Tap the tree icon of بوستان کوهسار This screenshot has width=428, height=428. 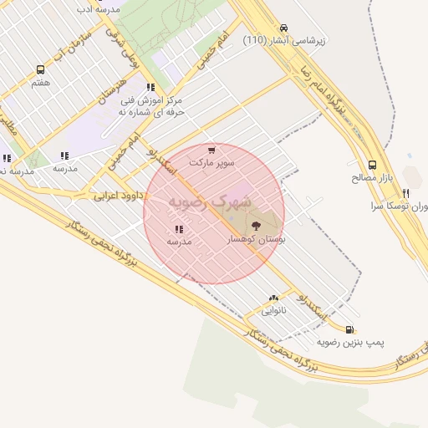point(255,224)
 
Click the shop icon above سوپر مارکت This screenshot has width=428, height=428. point(211,150)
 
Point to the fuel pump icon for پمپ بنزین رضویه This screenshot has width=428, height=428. point(349,329)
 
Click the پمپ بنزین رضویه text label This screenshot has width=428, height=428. point(349,343)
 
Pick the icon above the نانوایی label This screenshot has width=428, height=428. point(273,298)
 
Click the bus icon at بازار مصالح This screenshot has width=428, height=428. point(372,165)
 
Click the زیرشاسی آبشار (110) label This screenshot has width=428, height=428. point(278,40)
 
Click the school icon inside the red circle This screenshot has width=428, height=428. point(179,229)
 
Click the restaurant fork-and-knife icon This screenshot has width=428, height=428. point(406,192)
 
